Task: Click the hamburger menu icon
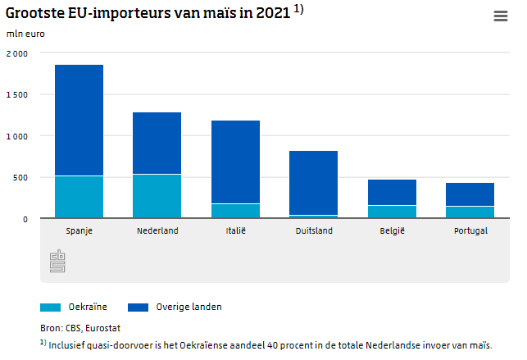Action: coord(500,16)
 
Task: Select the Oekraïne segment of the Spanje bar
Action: coord(79,197)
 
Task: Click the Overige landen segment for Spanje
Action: coord(79,120)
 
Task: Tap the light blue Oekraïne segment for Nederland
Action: coord(157,196)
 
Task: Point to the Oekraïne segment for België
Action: coord(392,212)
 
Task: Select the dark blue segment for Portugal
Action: coord(470,194)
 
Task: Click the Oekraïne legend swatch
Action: coord(50,308)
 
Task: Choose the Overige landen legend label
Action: coord(189,308)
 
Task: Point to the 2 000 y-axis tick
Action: coord(16,53)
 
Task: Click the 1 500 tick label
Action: coord(16,94)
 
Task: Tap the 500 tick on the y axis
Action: coord(20,177)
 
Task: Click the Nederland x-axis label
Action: coord(157,231)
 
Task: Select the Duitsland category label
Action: coord(313,231)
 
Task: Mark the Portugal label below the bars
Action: coord(470,231)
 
